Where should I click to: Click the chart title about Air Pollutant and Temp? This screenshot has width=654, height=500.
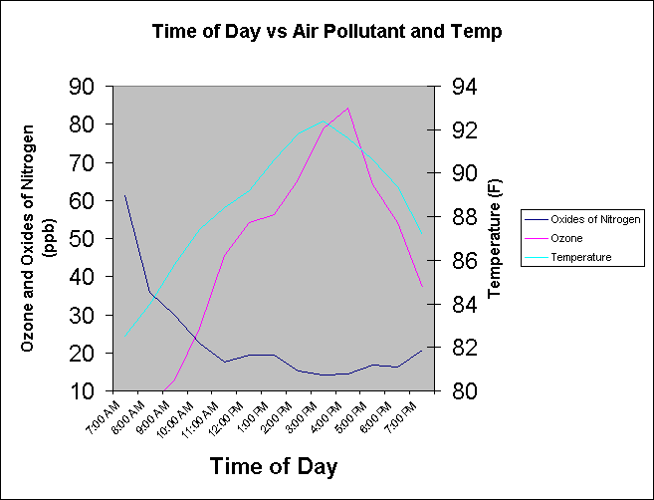point(327,31)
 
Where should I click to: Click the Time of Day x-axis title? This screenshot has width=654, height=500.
point(274,466)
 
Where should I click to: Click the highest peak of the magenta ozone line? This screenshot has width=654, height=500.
point(347,108)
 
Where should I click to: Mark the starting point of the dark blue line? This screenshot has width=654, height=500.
point(124,196)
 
